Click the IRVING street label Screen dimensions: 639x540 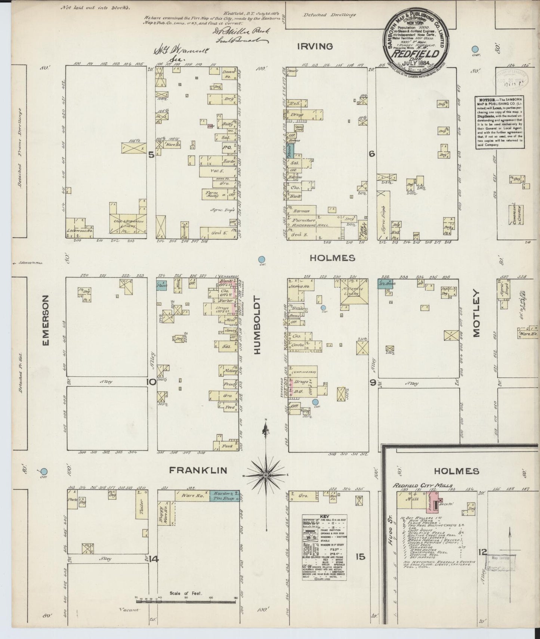pyautogui.click(x=315, y=46)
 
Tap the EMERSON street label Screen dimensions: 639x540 pyautogui.click(x=46, y=320)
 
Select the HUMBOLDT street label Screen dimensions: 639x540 pyautogui.click(x=257, y=325)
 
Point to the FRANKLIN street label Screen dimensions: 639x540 pyautogui.click(x=198, y=470)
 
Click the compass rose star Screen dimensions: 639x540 pyautogui.click(x=265, y=475)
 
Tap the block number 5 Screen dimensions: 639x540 pyautogui.click(x=151, y=154)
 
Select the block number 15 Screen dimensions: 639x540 pyautogui.click(x=360, y=557)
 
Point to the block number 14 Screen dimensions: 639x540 pyautogui.click(x=153, y=559)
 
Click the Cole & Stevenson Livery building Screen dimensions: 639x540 pyautogui.click(x=128, y=223)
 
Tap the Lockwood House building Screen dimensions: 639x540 pyautogui.click(x=79, y=228)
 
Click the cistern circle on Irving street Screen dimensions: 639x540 pyautogui.click(x=475, y=49)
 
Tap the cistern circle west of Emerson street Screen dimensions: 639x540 pyautogui.click(x=44, y=472)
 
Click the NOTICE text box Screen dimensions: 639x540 pyautogui.click(x=499, y=123)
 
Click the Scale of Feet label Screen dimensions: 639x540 pyautogui.click(x=185, y=593)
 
